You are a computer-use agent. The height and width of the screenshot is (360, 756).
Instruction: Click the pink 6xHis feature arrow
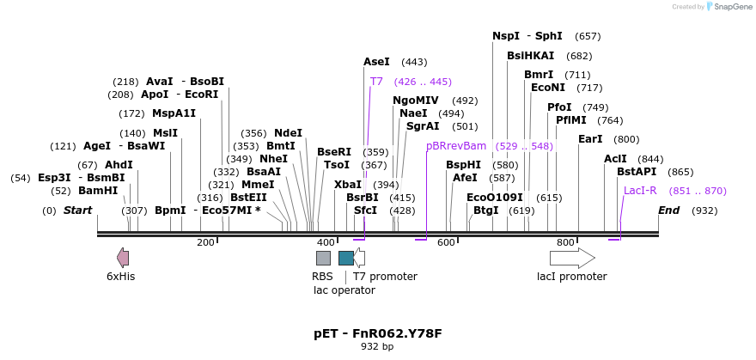pos(123,257)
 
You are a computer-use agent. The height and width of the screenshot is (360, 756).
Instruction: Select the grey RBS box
pos(323,258)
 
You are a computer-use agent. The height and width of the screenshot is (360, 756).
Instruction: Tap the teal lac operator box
pos(346,258)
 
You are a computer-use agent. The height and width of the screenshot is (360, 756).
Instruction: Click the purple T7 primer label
pos(376,82)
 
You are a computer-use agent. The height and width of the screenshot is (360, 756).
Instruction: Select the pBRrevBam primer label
pos(456,146)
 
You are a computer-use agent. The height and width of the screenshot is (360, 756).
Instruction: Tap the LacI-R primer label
pos(640,191)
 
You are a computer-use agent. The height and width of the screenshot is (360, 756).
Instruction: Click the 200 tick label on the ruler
pos(205,243)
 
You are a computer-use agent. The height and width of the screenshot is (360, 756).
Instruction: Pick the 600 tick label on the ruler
pos(445,243)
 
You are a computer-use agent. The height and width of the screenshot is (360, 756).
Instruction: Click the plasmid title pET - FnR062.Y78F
pos(378,333)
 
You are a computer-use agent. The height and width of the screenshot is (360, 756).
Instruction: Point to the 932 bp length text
pos(377,347)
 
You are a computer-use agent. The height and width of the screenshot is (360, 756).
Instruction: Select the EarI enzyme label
pos(590,139)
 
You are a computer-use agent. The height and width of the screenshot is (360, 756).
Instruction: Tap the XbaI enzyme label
pos(348,185)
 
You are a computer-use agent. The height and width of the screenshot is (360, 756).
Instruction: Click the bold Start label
pos(77,211)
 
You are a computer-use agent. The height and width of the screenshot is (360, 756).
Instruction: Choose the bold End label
pos(669,211)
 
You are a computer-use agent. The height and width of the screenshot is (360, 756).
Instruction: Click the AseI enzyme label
pos(376,62)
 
